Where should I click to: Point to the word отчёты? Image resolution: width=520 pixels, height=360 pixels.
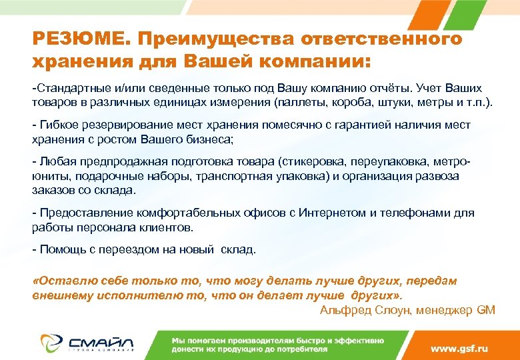tap(374, 89)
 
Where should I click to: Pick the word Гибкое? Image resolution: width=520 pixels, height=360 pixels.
tap(57, 125)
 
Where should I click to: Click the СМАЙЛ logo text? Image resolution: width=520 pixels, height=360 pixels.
tap(99, 342)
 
